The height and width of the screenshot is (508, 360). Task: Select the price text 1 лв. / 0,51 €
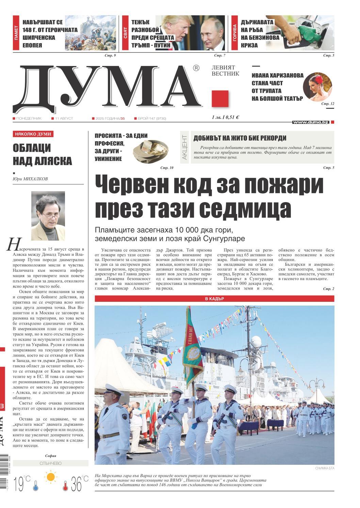point(225,117)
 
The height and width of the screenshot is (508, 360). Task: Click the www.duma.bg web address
point(311,122)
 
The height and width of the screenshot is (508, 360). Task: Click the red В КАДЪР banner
point(214,299)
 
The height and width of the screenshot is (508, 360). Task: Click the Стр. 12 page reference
point(328,103)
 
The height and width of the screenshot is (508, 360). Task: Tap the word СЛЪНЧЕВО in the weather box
point(50,463)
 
